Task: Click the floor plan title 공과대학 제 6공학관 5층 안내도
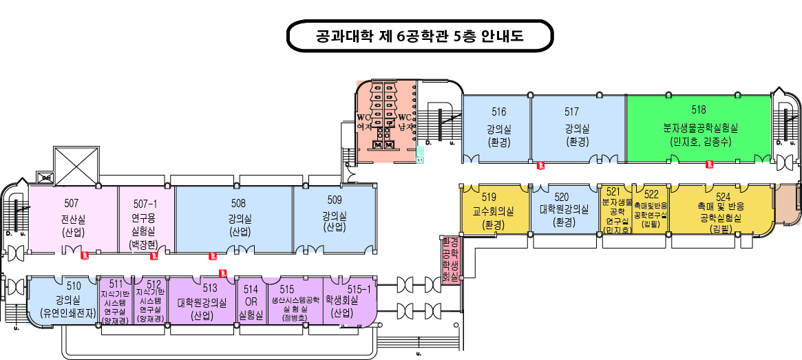(419, 36)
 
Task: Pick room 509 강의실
(334, 217)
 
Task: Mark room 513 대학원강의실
(202, 301)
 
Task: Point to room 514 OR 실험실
(251, 301)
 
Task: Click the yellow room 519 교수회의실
(494, 210)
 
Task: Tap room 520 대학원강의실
(564, 210)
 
